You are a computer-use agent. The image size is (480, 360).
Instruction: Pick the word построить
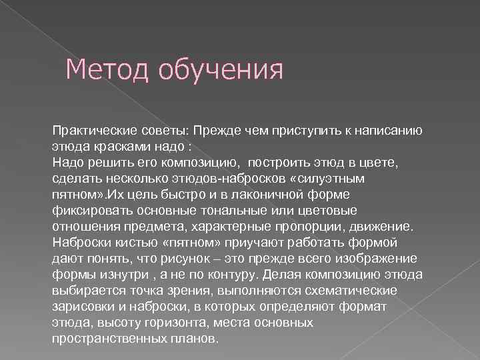pos(273,161)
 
